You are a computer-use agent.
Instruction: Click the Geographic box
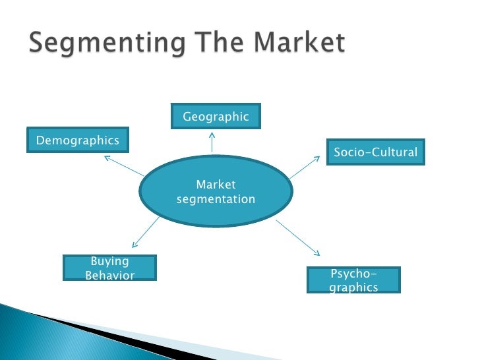click(216, 117)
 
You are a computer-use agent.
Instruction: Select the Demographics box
click(78, 140)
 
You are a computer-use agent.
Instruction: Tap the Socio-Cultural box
click(375, 152)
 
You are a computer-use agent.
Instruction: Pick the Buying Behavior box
click(109, 268)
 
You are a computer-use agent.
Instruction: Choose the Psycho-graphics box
click(353, 280)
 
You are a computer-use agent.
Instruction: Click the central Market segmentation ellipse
click(216, 192)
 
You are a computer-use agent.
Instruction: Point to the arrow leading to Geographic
click(212, 141)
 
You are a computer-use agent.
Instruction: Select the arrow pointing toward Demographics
click(123, 165)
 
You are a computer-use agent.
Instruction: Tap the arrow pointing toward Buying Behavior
click(146, 231)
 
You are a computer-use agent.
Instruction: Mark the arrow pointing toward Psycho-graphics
click(298, 238)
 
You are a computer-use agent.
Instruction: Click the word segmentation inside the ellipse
click(216, 199)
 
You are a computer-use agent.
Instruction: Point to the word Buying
click(109, 262)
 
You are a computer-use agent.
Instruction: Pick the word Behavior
click(109, 276)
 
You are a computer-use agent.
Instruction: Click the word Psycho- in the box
click(353, 274)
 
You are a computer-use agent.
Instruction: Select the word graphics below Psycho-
click(353, 287)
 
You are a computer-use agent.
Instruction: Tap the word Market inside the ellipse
click(216, 185)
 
